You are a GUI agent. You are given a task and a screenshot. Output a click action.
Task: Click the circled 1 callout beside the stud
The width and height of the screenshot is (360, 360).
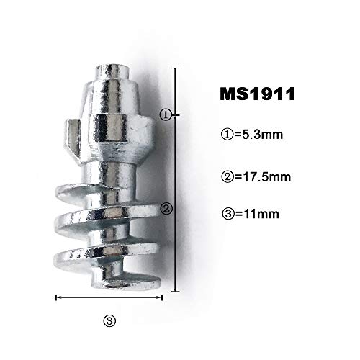(x=165, y=114)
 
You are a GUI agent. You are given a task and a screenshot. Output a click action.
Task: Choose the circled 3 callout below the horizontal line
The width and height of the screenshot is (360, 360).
(x=109, y=321)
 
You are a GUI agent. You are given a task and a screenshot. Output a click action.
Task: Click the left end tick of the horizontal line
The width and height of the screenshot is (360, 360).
(x=56, y=297)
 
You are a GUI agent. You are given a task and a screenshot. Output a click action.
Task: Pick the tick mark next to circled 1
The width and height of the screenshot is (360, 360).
(x=176, y=114)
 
